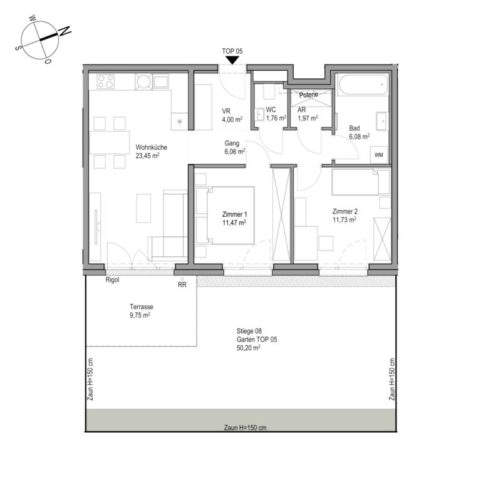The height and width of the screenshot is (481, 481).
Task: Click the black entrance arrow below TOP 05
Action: tap(232, 60)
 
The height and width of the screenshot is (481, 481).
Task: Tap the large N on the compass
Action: tap(65, 31)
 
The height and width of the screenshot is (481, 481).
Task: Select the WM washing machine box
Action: tap(379, 155)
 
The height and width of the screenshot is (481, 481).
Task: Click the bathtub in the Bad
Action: tap(363, 85)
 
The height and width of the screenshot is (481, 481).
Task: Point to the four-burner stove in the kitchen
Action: tap(105, 81)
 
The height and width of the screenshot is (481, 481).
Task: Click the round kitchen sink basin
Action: tap(143, 81)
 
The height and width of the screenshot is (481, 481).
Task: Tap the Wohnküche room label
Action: tap(151, 147)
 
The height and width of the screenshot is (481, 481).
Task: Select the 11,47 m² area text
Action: tap(234, 222)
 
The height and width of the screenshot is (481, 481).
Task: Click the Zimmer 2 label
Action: tap(345, 211)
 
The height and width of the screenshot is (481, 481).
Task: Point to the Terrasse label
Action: tap(142, 307)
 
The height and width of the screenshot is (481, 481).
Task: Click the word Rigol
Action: tap(112, 280)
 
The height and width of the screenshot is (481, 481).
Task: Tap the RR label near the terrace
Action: tap(182, 285)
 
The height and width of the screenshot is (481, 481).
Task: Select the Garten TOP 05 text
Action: tap(257, 339)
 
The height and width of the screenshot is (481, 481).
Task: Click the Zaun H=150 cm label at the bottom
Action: tap(245, 428)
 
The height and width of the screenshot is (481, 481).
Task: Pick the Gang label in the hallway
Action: tap(232, 143)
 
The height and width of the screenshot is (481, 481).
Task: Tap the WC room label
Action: tap(271, 110)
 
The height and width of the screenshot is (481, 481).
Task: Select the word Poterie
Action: tap(309, 95)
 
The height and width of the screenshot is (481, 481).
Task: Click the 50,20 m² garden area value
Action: tap(249, 348)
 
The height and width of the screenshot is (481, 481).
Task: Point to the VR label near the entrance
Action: tap(226, 111)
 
